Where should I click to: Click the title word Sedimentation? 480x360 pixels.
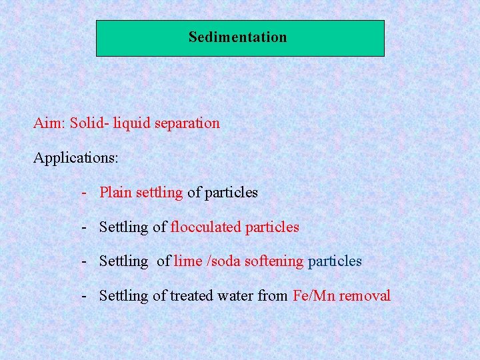click(x=237, y=37)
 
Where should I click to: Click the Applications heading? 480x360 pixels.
click(x=76, y=159)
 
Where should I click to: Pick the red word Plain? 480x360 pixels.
click(x=115, y=193)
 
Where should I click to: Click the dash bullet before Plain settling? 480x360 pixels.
click(x=85, y=193)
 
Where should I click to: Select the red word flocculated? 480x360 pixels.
click(x=206, y=227)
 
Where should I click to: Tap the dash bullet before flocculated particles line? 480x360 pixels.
click(x=85, y=227)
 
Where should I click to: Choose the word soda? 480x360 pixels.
click(x=227, y=261)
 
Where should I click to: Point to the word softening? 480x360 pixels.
click(x=274, y=261)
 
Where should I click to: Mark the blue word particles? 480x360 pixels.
click(x=335, y=261)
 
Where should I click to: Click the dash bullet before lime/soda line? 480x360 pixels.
click(x=85, y=261)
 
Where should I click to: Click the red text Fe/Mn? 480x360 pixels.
click(x=314, y=296)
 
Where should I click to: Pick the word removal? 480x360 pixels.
click(x=365, y=296)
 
